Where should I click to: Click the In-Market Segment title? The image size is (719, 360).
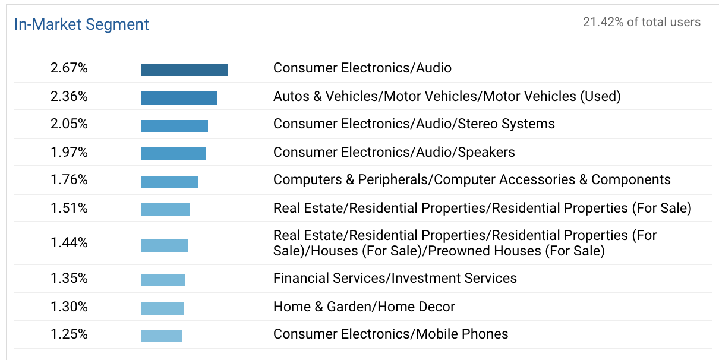81,24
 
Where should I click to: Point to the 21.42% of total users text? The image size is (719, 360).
641,23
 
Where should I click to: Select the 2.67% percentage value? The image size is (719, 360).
69,68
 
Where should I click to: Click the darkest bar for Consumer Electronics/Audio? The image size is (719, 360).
184,70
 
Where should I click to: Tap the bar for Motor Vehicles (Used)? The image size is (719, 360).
179,98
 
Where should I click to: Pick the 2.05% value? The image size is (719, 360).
69,124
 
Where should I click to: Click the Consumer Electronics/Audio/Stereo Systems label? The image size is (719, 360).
414,124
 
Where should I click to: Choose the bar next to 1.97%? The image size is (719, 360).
173,154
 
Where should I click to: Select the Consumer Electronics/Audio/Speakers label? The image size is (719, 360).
393,152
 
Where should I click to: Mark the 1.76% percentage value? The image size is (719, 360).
69,180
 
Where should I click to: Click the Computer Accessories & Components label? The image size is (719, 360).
471,180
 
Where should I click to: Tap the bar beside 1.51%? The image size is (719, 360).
165,210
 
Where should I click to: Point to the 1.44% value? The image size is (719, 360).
69,243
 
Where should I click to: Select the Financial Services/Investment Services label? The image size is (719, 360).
395,278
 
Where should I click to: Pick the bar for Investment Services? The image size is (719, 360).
163,280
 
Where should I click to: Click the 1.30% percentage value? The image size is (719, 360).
69,307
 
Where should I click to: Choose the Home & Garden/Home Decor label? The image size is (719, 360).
364,307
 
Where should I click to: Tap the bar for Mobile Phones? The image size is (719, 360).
161,336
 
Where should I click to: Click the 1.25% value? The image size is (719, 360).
69,334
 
